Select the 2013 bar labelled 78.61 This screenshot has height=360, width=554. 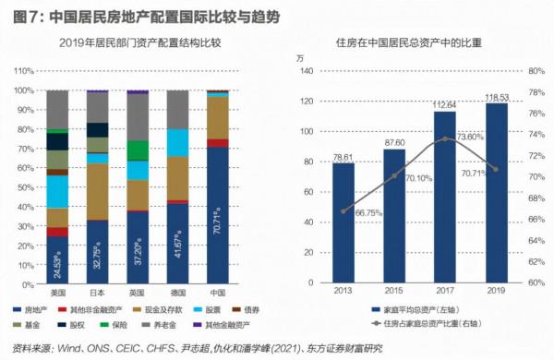[343, 223]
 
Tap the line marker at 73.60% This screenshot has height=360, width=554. [446, 138]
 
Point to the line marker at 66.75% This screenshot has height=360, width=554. [343, 211]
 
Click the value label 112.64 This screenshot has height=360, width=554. [446, 103]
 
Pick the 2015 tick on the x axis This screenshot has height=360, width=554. [394, 293]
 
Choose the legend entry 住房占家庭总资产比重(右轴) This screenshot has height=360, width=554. [425, 325]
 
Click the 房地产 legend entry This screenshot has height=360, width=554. [36, 311]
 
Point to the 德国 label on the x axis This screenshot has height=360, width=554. [177, 292]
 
